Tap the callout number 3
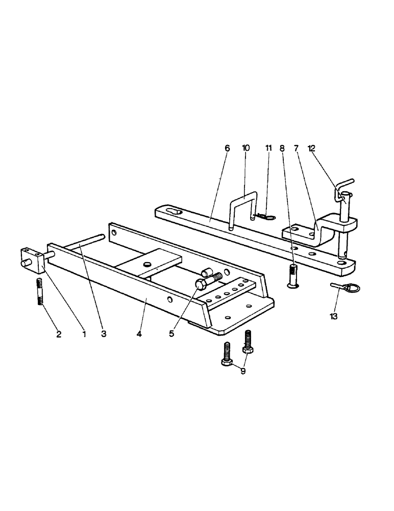104,334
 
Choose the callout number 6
227,148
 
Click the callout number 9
243,371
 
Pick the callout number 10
245,148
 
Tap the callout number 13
333,317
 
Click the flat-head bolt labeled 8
292,275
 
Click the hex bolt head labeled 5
200,283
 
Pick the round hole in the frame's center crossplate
148,264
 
